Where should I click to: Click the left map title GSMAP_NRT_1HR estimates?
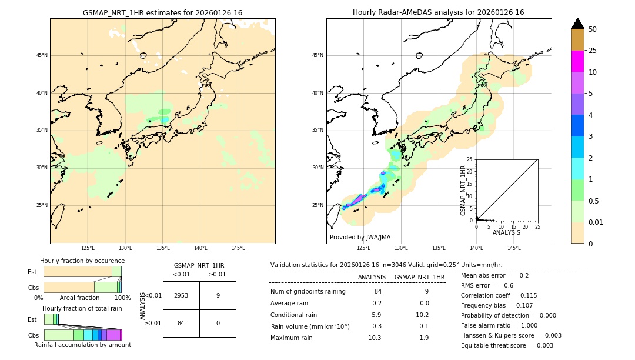pyautogui.click(x=162, y=12)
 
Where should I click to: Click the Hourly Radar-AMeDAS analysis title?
pyautogui.click(x=439, y=12)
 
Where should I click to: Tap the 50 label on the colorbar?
pyautogui.click(x=593, y=29)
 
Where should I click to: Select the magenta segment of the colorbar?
pyautogui.click(x=577, y=61)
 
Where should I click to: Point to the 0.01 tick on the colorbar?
pyautogui.click(x=595, y=222)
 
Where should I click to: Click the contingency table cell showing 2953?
pyautogui.click(x=181, y=295)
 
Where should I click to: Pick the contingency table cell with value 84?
pyautogui.click(x=181, y=323)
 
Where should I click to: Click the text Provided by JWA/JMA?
pyautogui.click(x=360, y=237)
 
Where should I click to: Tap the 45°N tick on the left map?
pyautogui.click(x=42, y=55)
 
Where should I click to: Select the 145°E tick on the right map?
pyautogui.click(x=514, y=248)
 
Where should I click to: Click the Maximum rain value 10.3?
pyautogui.click(x=374, y=338)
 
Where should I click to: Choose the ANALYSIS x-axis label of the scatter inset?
pyautogui.click(x=507, y=232)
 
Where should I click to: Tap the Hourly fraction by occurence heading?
pyautogui.click(x=82, y=261)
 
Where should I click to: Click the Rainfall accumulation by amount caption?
pyautogui.click(x=82, y=345)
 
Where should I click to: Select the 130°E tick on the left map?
pyautogui.click(x=125, y=248)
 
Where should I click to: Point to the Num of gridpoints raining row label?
pyautogui.click(x=308, y=291)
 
